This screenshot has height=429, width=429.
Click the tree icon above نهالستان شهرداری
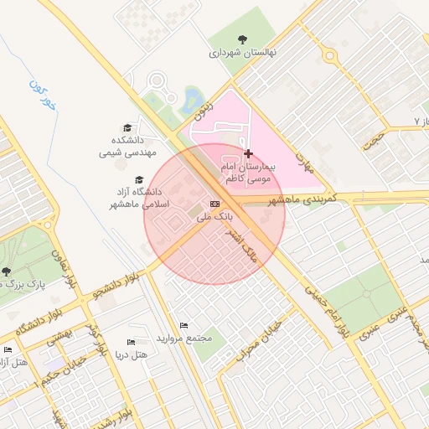click(243, 39)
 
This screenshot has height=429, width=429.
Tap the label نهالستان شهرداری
click(243, 53)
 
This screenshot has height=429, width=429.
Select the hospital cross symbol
click(247, 153)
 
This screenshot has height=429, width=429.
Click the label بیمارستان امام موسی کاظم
click(248, 173)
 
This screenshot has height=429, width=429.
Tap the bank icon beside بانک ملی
click(215, 204)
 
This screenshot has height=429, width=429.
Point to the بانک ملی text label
click(214, 217)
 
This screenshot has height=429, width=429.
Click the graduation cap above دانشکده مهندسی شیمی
click(127, 128)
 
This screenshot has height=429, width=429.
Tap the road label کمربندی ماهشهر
click(302, 199)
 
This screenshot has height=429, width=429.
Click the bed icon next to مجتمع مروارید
click(184, 326)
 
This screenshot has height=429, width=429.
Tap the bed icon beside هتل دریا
click(130, 342)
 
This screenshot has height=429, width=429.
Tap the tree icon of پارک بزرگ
click(7, 271)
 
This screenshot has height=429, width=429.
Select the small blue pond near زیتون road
click(193, 97)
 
